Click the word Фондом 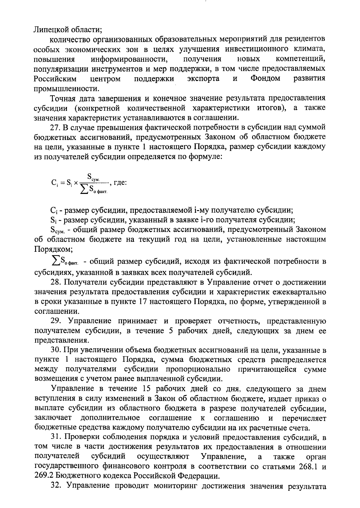[265, 79]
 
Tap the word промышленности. [66, 89]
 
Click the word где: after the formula [120, 183]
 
